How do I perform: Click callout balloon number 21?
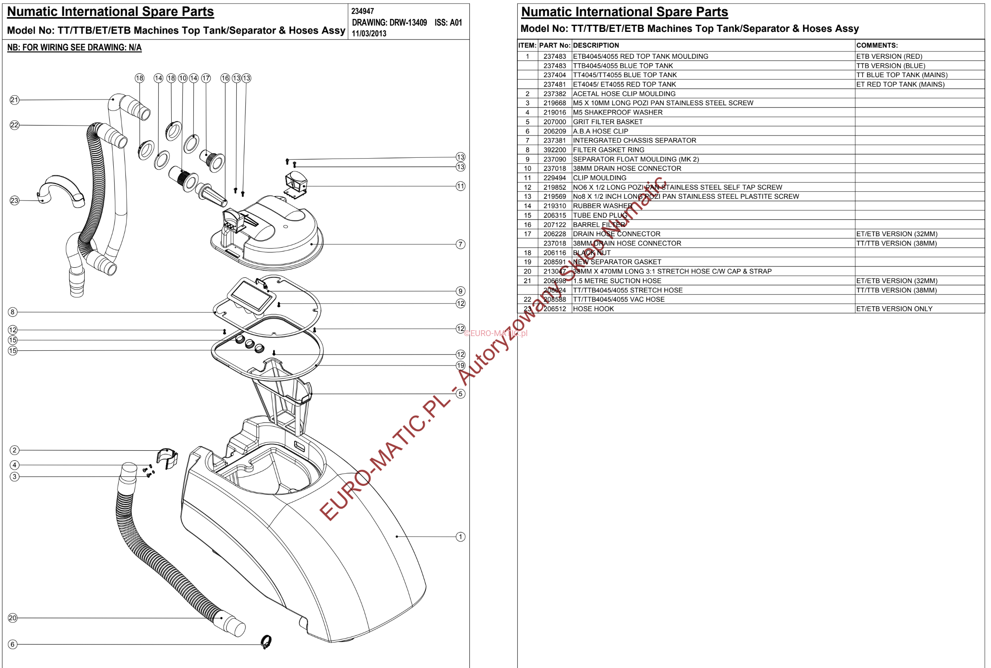pos(15,100)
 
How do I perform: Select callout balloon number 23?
pos(15,201)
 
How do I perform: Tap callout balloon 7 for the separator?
pos(460,245)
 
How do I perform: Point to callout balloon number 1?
pos(460,537)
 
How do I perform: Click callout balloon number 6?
pos(13,644)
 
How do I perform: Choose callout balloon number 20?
pos(13,618)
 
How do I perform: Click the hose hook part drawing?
pos(61,191)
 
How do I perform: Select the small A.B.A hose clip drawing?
pos(266,642)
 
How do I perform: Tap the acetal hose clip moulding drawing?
pos(167,458)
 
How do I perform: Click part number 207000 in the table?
pos(555,122)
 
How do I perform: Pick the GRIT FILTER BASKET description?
pos(608,122)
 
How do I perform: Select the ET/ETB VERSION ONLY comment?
pos(894,309)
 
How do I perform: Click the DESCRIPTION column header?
pos(596,46)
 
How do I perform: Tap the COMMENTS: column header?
pos(877,46)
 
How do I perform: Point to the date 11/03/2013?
pos(369,34)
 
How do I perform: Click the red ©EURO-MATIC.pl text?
pos(495,333)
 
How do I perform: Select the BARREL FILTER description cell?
pos(599,225)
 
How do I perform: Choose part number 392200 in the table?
pos(555,150)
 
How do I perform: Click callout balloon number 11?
pos(460,186)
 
